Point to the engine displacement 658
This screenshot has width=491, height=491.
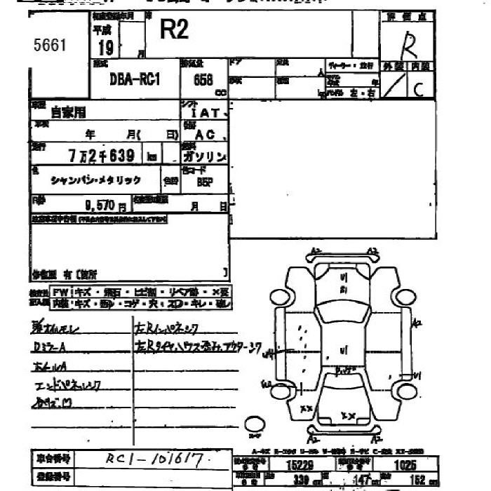(203, 80)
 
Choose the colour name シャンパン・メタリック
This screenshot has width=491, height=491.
(96, 180)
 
